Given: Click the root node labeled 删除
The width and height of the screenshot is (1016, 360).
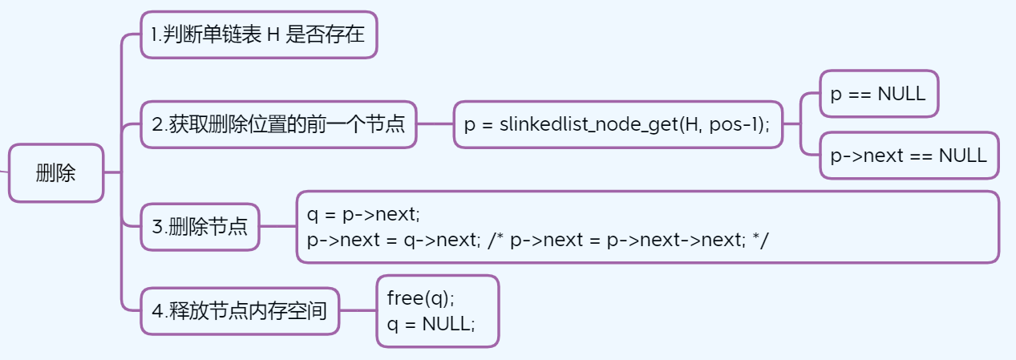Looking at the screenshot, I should pyautogui.click(x=56, y=172).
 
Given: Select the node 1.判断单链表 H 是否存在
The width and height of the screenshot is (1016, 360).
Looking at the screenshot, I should pyautogui.click(x=258, y=34).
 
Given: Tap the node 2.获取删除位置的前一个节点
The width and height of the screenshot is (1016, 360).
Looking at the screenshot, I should pyautogui.click(x=278, y=124).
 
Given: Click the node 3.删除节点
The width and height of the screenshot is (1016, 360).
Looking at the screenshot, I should pyautogui.click(x=200, y=226).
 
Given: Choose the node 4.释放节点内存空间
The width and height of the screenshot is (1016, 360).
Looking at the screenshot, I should pyautogui.click(x=240, y=311).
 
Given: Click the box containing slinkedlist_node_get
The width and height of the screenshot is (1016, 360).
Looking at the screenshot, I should pyautogui.click(x=617, y=124).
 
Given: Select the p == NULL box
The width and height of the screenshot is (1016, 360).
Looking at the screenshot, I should pyautogui.click(x=878, y=94).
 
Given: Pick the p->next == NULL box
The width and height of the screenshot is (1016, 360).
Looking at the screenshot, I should pyautogui.click(x=909, y=156).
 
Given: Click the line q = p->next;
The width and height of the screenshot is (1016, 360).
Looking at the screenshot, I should pyautogui.click(x=363, y=214).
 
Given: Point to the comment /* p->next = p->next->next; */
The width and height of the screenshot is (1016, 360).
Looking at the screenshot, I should pyautogui.click(x=628, y=240).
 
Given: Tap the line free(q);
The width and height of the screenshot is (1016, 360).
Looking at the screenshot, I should pyautogui.click(x=420, y=298).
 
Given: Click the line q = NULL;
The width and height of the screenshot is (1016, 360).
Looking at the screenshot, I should pyautogui.click(x=431, y=324).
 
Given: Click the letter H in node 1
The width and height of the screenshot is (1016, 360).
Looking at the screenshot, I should pyautogui.click(x=273, y=35).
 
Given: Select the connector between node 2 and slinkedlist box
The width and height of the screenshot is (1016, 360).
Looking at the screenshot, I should pyautogui.click(x=435, y=124).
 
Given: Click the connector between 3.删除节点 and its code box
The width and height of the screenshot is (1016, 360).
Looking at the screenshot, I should pyautogui.click(x=278, y=226).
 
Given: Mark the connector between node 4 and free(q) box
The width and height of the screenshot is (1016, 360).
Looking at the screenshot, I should pyautogui.click(x=358, y=311).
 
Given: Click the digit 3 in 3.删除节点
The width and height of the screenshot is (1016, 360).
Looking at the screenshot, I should pyautogui.click(x=157, y=226).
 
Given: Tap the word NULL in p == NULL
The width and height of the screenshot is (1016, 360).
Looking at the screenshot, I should pyautogui.click(x=901, y=94).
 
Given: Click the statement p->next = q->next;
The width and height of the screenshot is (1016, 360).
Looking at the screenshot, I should pyautogui.click(x=394, y=240).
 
